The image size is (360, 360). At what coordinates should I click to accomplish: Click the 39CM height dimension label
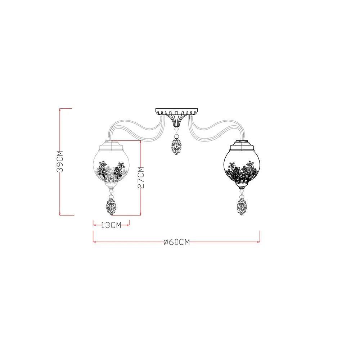[60, 161]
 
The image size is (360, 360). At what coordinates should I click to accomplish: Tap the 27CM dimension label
[141, 178]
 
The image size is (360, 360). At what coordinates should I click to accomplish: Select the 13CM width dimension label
[111, 225]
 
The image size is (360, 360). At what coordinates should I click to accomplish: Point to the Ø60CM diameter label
[177, 242]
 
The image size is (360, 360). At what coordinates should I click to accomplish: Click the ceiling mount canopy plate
[176, 112]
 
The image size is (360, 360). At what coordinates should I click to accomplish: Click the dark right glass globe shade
[242, 166]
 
